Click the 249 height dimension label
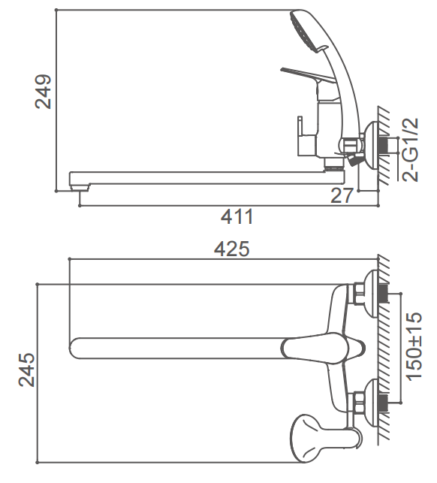43,92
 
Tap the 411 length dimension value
237,216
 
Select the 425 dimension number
231,249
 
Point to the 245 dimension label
26,370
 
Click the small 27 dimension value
342,195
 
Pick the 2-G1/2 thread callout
411,149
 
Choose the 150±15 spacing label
414,346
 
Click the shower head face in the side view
304,31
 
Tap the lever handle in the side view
308,74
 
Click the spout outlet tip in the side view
80,187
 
